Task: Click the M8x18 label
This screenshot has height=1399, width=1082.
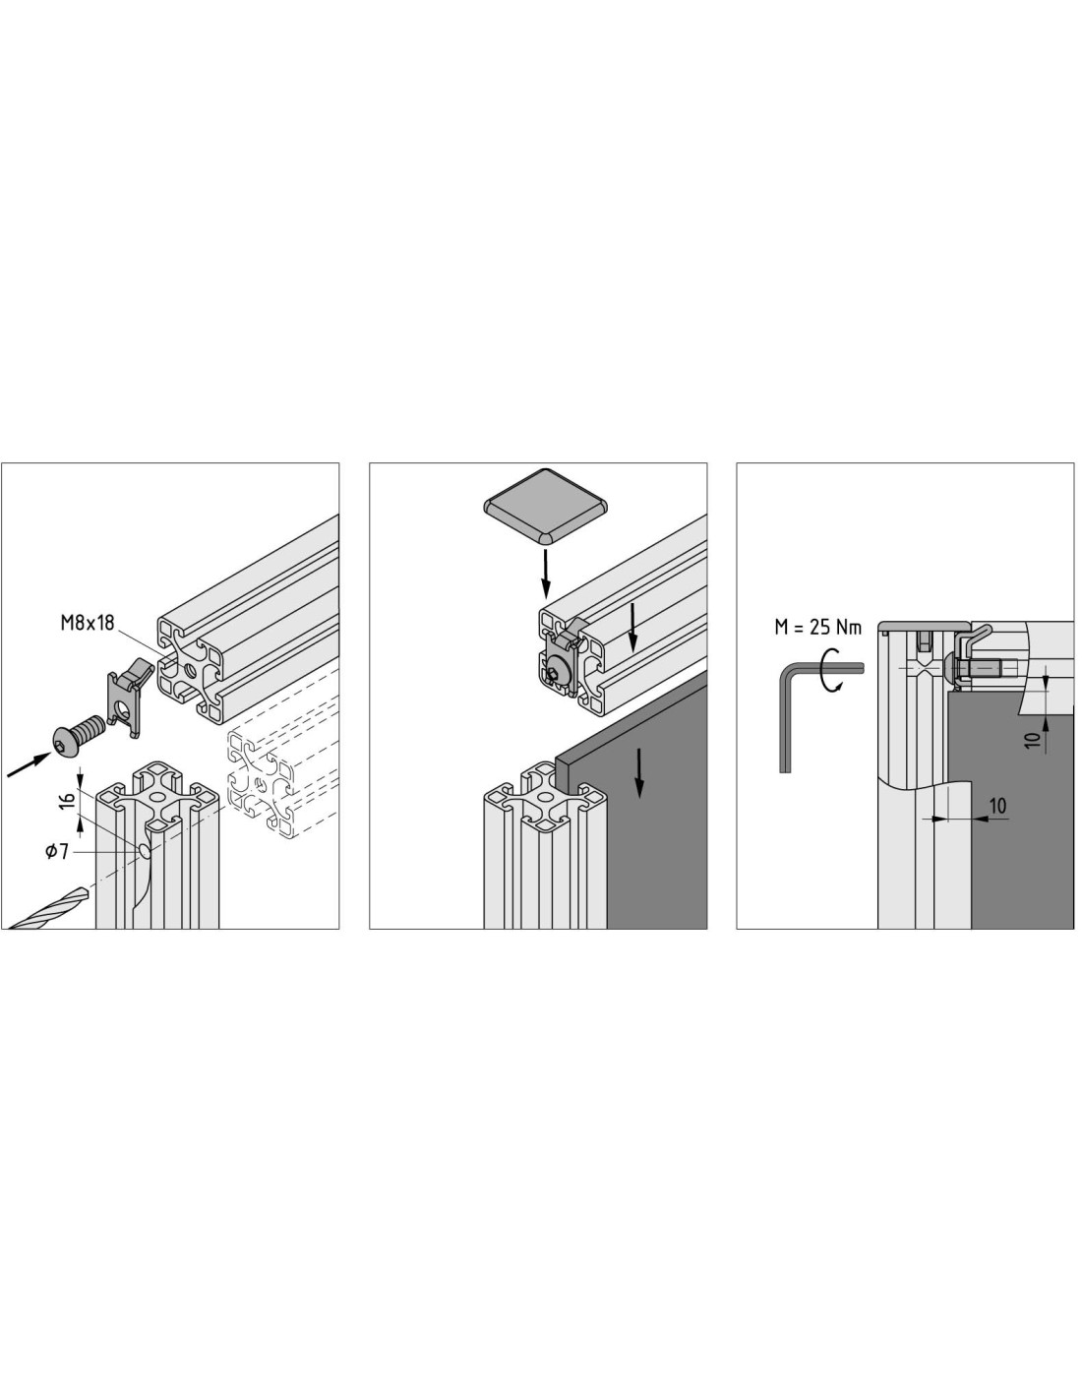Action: pos(88,623)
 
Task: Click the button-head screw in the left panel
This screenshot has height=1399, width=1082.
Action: pos(79,734)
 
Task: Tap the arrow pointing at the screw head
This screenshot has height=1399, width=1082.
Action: pos(29,765)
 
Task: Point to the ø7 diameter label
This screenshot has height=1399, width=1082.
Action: pos(57,851)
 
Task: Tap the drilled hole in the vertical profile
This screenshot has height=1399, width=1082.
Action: pos(146,851)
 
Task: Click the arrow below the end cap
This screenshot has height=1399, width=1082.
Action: pos(545,572)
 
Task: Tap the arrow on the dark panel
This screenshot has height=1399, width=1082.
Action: pos(639,773)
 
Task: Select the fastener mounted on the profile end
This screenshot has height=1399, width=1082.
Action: pos(560,663)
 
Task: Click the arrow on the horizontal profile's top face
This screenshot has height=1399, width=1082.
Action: pos(632,627)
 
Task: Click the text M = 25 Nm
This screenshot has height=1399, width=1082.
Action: pos(816,627)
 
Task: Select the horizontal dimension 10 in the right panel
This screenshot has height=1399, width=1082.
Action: pos(997,806)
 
